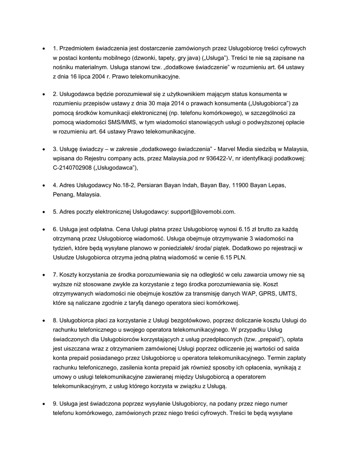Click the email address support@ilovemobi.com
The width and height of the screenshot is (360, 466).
coord(203,212)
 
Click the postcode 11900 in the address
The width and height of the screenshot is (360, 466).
coord(241,185)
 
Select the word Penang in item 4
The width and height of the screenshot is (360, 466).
coord(63,194)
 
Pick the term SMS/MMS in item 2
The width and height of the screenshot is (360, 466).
coord(120,123)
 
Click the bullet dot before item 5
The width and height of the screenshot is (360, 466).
coord(43,212)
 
